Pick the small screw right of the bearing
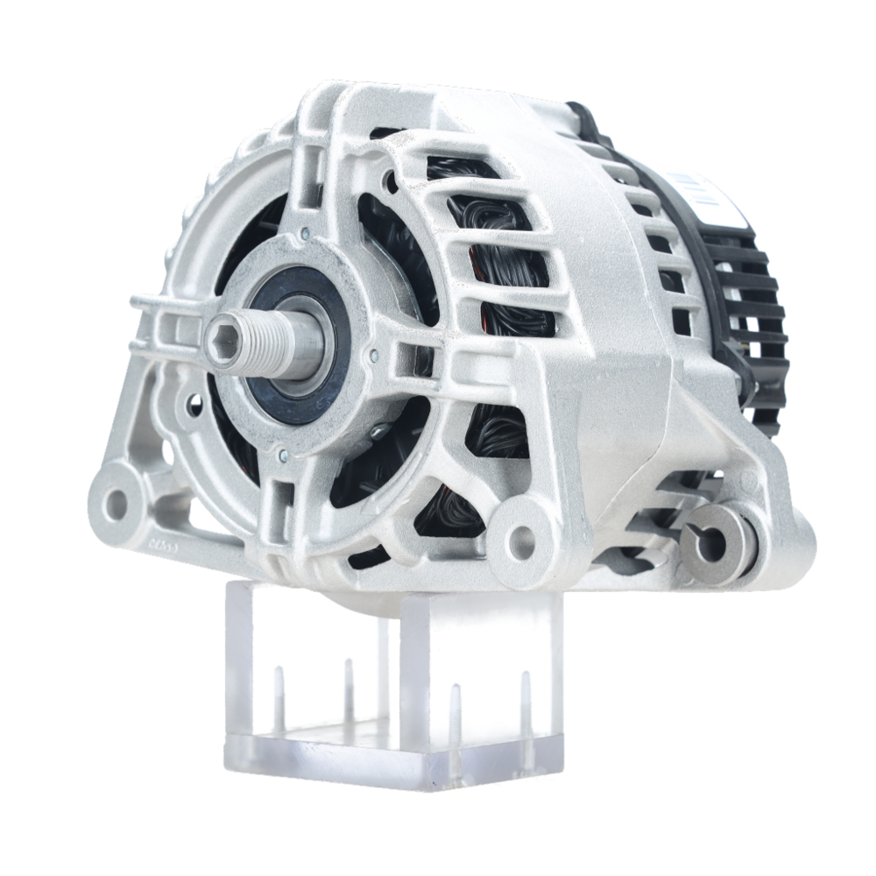[374, 355]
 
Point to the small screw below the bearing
[282, 454]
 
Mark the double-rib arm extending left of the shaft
[166, 324]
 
